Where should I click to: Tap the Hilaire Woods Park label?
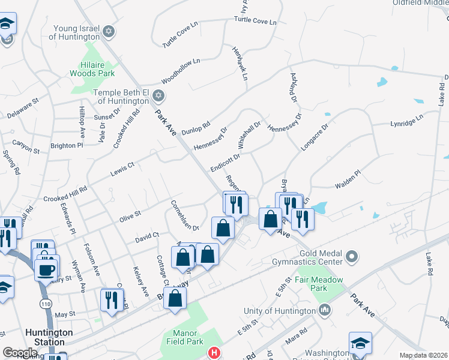pos(97,69)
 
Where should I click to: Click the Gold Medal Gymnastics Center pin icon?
pos(352,257)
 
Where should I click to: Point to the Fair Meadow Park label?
pos(319,284)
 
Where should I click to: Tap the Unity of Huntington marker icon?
pos(325,310)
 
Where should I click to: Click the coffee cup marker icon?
pos(46,269)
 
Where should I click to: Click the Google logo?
pos(20,353)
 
